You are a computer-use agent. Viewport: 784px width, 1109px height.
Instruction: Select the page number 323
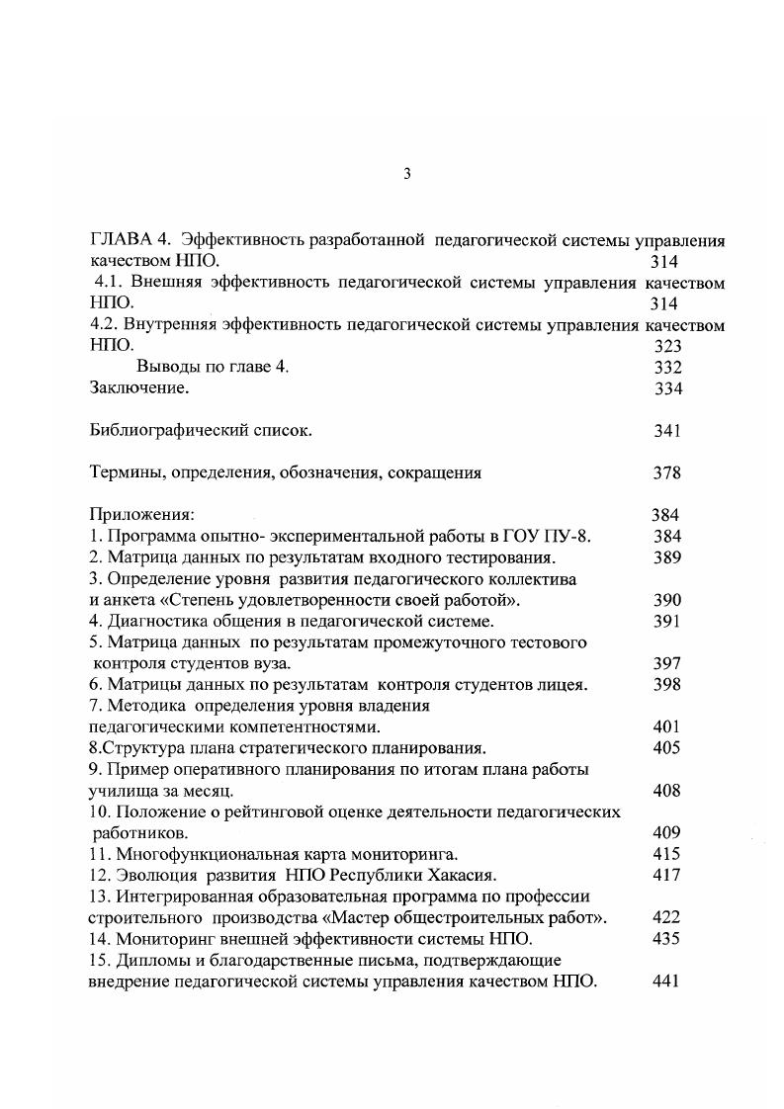tap(667, 346)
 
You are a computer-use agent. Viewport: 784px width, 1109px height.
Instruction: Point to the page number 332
tap(667, 367)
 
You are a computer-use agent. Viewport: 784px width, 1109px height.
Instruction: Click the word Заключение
tap(138, 388)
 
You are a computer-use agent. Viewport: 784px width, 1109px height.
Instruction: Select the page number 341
tap(667, 431)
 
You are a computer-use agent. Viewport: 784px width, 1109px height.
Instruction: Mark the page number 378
tap(667, 472)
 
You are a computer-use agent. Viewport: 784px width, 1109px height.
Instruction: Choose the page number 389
tap(667, 556)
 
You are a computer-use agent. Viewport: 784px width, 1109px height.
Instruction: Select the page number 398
tap(667, 684)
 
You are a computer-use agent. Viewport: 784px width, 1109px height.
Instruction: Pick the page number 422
tap(667, 917)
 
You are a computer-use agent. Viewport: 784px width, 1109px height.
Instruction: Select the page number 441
tap(667, 981)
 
